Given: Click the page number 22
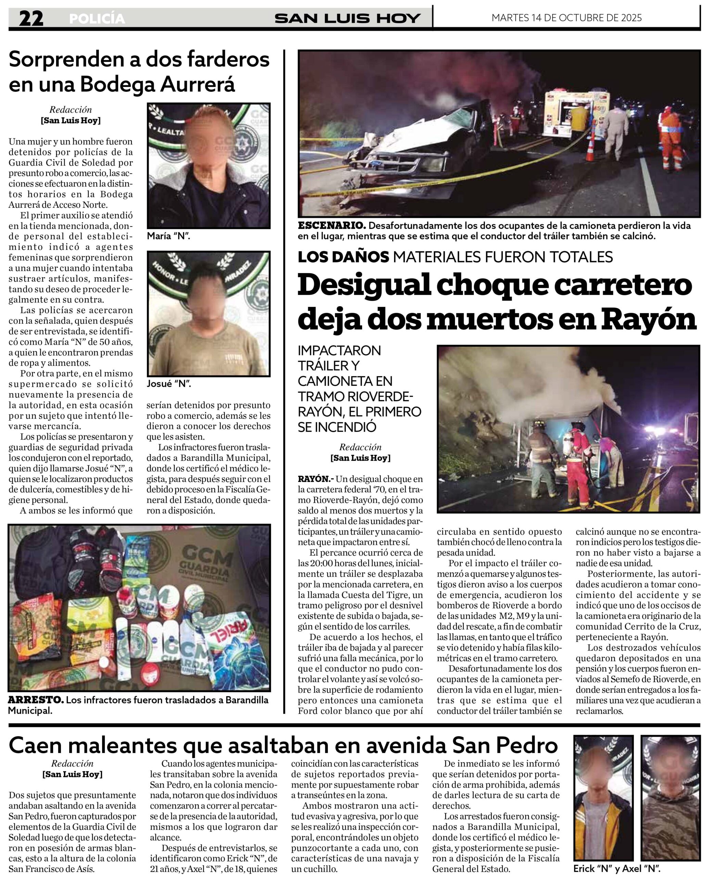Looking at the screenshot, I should (31, 19).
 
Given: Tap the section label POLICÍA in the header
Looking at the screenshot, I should (97, 19).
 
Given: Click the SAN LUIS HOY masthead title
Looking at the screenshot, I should (347, 18).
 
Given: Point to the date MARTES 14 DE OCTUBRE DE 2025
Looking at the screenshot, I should (566, 17).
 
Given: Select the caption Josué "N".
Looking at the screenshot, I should (168, 384).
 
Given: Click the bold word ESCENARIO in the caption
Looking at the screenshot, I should (332, 226).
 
